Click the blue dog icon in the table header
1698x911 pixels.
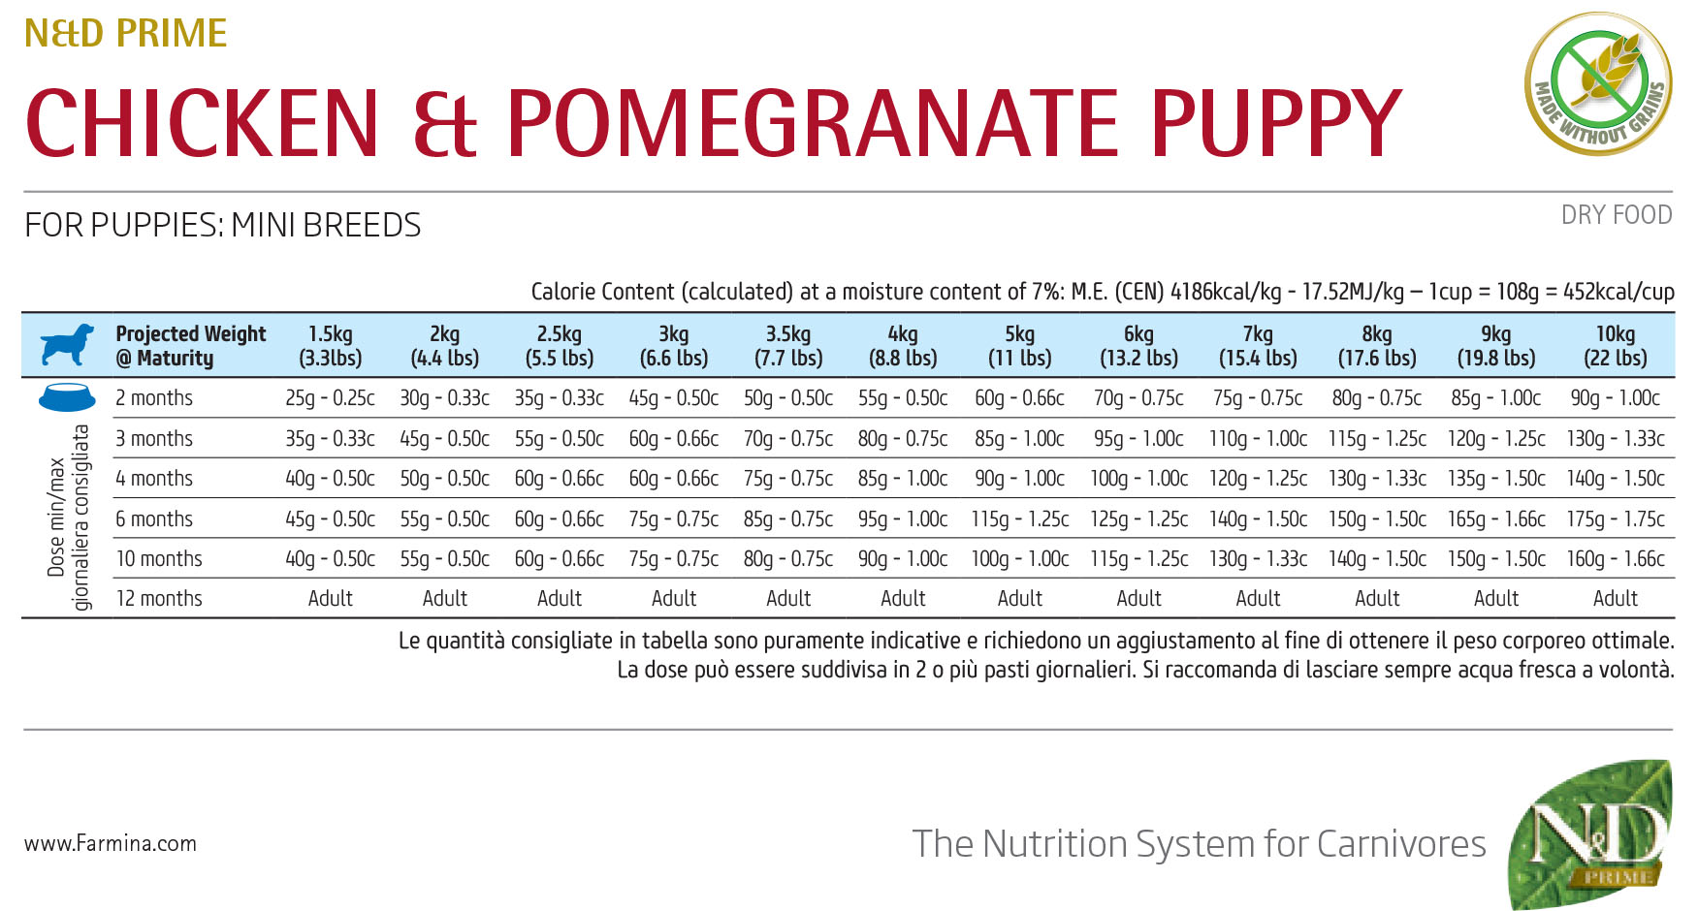[67, 345]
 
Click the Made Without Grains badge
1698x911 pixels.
[1598, 83]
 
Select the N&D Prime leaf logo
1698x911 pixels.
[1591, 834]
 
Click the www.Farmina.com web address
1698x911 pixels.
[111, 843]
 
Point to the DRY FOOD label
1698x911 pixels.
[1616, 215]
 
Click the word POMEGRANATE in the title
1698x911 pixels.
[813, 123]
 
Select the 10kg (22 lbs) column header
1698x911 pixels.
[1615, 346]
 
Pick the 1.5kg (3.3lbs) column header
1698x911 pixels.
[330, 346]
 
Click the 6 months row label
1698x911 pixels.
[154, 518]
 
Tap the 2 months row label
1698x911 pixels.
[154, 397]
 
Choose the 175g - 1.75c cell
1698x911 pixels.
[1615, 518]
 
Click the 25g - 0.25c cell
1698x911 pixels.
[330, 397]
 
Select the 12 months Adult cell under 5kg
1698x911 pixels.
[1019, 598]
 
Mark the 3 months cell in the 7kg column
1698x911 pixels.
[1258, 438]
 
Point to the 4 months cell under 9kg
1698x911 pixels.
[1496, 478]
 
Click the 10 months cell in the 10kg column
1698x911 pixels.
[1615, 558]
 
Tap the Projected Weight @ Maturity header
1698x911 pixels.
[190, 346]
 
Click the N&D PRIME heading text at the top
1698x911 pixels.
[125, 34]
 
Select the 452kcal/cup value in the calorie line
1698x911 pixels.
[1618, 292]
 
